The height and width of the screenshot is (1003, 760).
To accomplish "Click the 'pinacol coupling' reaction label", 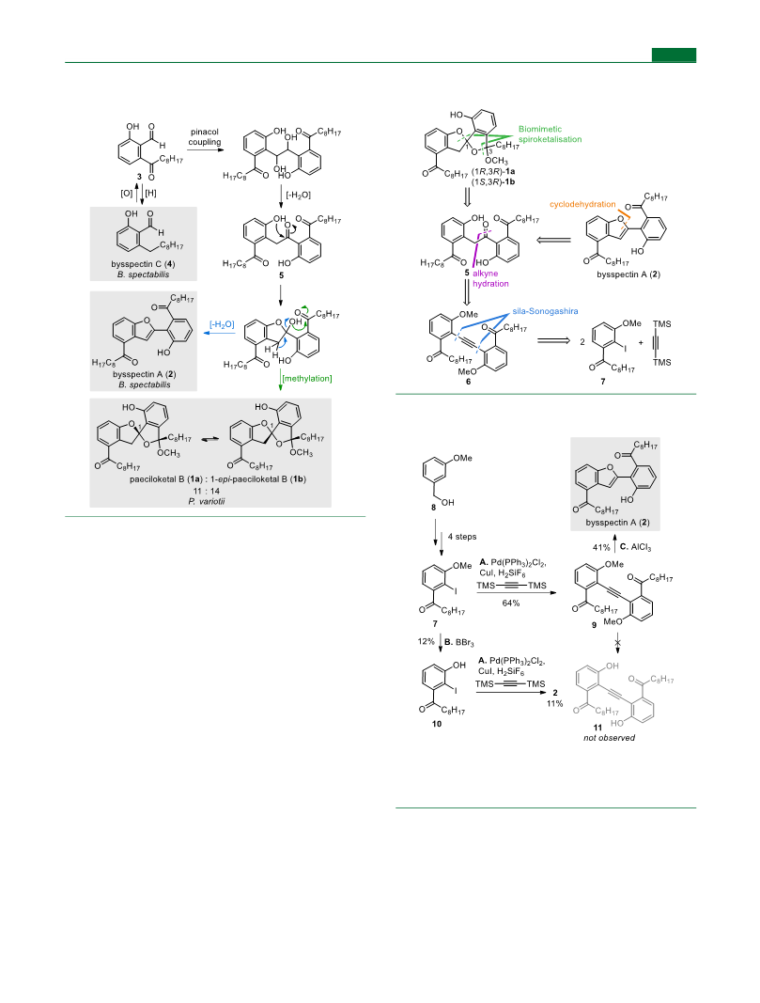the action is pyautogui.click(x=205, y=137).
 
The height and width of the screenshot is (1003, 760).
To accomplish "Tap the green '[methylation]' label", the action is pyautogui.click(x=307, y=378).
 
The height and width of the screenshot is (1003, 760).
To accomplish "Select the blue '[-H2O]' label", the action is pyautogui.click(x=222, y=324).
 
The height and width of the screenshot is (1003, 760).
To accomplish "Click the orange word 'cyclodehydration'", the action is pyautogui.click(x=582, y=204).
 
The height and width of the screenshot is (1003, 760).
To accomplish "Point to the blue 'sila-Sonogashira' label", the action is pyautogui.click(x=545, y=311).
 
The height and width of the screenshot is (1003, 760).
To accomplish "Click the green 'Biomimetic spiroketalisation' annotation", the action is pyautogui.click(x=551, y=133).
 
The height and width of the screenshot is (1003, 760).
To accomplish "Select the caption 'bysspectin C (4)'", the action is pyautogui.click(x=143, y=263).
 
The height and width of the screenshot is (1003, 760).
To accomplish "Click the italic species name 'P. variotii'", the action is pyautogui.click(x=207, y=501).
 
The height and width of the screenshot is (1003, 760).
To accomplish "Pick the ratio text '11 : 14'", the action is pyautogui.click(x=207, y=491).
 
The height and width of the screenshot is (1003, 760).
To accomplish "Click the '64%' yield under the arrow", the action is pyautogui.click(x=511, y=603).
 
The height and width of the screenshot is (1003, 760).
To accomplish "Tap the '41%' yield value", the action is pyautogui.click(x=601, y=547).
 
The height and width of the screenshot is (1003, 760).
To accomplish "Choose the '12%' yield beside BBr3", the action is pyautogui.click(x=427, y=641).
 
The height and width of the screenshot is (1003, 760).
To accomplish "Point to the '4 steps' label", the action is pyautogui.click(x=462, y=536).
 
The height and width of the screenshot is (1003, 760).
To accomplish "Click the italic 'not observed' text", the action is pyautogui.click(x=609, y=738).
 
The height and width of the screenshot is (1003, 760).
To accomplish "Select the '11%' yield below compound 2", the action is pyautogui.click(x=555, y=704).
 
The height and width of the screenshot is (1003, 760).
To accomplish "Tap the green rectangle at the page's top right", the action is pyautogui.click(x=674, y=55).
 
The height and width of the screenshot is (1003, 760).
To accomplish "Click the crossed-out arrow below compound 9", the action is pyautogui.click(x=618, y=642).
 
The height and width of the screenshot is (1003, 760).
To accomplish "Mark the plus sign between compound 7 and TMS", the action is pyautogui.click(x=641, y=342).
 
